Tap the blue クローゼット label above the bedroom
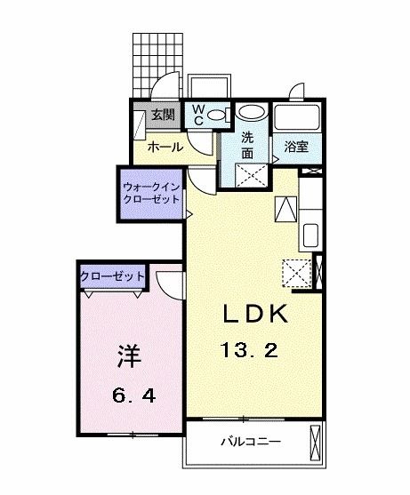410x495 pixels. (113, 277)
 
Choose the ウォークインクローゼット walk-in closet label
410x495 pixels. (152, 194)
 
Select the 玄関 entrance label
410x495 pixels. (162, 115)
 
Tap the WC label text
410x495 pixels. (198, 114)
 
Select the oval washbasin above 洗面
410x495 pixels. (253, 114)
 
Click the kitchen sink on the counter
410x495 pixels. (310, 236)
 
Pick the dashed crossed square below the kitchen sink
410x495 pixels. (294, 270)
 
